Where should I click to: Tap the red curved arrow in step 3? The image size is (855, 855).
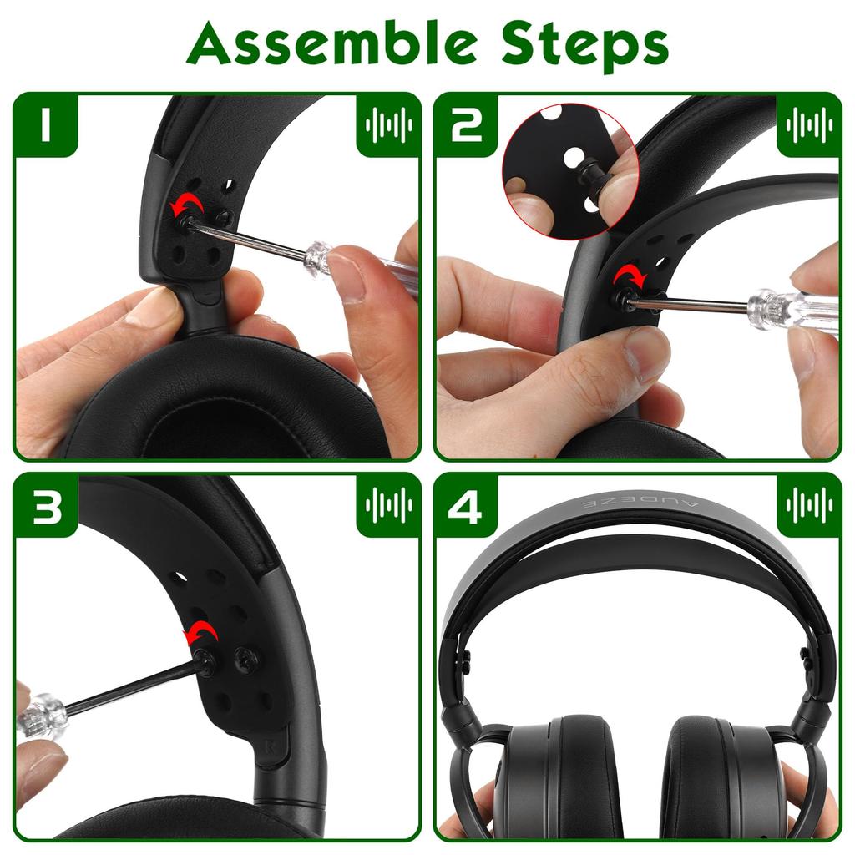(x=200, y=633)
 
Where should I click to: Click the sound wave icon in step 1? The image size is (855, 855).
(x=388, y=125)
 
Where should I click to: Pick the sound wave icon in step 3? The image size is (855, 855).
(x=388, y=505)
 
